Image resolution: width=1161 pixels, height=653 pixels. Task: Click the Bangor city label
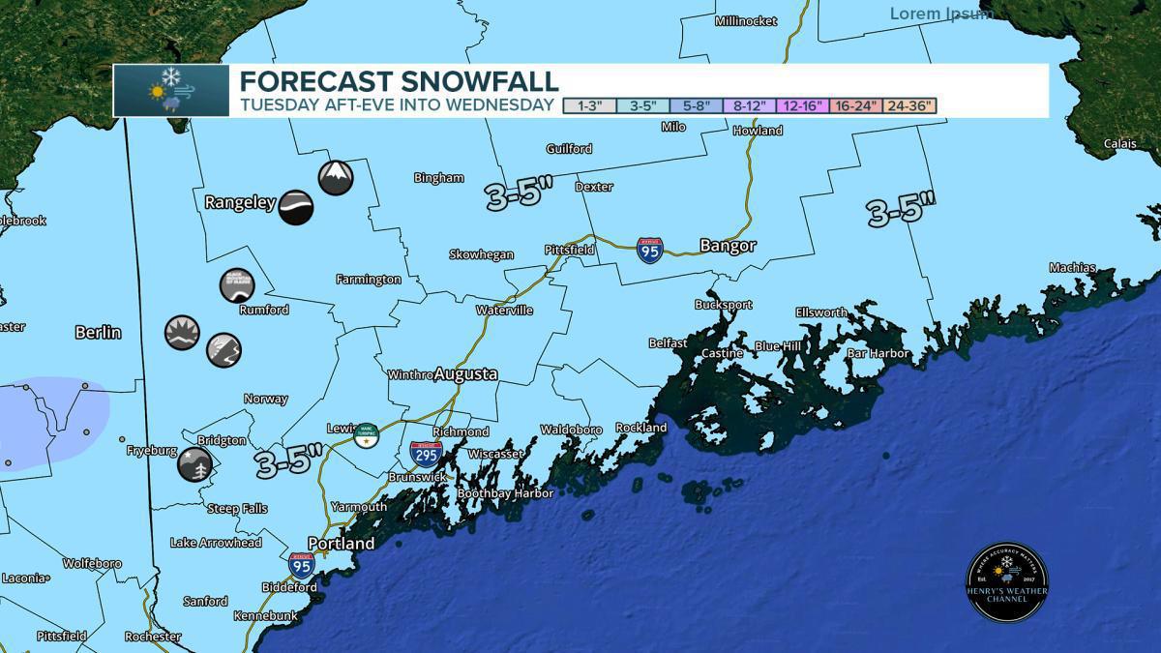coord(728,247)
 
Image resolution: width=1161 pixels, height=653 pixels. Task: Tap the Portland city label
coord(341,544)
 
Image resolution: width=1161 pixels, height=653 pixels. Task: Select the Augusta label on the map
coord(465,373)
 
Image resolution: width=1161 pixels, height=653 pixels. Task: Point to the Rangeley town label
coord(240,203)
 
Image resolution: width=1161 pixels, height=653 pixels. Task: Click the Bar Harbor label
coord(878,354)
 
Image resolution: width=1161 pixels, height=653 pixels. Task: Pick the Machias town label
coord(1073,268)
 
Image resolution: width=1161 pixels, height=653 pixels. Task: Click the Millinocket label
coord(746,20)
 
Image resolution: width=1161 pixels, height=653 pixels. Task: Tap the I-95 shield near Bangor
coord(650,251)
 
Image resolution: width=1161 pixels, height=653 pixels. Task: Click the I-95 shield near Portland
coord(301,565)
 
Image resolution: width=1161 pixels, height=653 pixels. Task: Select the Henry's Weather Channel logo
coord(1007,581)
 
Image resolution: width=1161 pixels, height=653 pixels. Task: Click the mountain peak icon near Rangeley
coord(336,178)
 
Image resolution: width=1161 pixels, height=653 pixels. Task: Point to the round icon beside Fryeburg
coord(194,464)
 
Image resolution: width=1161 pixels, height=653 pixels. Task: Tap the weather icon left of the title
coord(171,91)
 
